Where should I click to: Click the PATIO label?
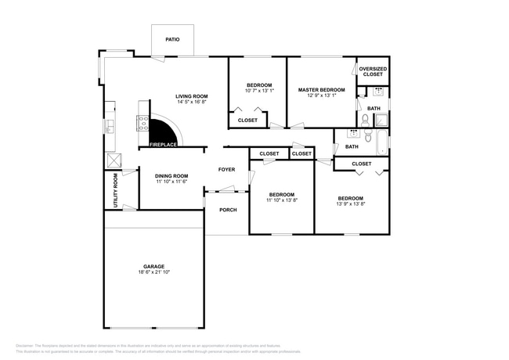pos(171,38)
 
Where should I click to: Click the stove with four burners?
pos(143,123)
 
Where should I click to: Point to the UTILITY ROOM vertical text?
pos(117,189)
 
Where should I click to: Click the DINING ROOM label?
pos(171,175)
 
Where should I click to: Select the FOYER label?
pos(226,169)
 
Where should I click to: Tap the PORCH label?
pos(228,209)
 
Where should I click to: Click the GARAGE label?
pos(153,266)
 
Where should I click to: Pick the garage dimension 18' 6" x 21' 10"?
pos(153,272)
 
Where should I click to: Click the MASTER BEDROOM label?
pos(321,90)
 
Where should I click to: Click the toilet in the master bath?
pos(365,120)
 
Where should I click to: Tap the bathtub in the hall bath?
pos(381,143)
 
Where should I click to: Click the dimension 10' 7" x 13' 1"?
pos(258,91)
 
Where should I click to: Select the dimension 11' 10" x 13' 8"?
pos(282,200)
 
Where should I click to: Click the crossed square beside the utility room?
pos(114,159)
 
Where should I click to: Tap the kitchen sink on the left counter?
pos(110,125)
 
